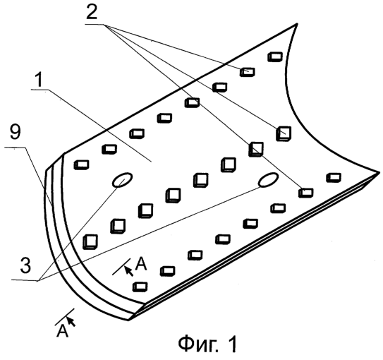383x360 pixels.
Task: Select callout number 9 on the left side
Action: [15, 132]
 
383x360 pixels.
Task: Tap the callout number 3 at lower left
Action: [25, 265]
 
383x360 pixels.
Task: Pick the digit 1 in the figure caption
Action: [232, 344]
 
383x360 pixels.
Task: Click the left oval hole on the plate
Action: [122, 180]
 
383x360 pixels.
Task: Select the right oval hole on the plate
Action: [269, 179]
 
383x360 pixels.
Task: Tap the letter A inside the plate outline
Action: [141, 264]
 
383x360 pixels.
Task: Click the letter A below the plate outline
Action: [62, 331]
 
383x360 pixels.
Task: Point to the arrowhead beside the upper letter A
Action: [128, 271]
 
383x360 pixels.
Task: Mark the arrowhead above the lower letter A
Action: [71, 321]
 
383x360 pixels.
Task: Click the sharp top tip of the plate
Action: [297, 24]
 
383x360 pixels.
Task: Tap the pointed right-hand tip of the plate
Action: [379, 173]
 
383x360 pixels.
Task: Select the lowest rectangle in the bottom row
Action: [140, 287]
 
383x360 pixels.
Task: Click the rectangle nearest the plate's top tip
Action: [275, 56]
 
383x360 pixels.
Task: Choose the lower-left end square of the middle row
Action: [90, 242]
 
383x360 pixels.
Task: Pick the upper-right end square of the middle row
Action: [284, 133]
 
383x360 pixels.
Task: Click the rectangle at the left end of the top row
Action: [81, 164]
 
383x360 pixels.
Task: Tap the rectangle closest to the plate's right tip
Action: [334, 178]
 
